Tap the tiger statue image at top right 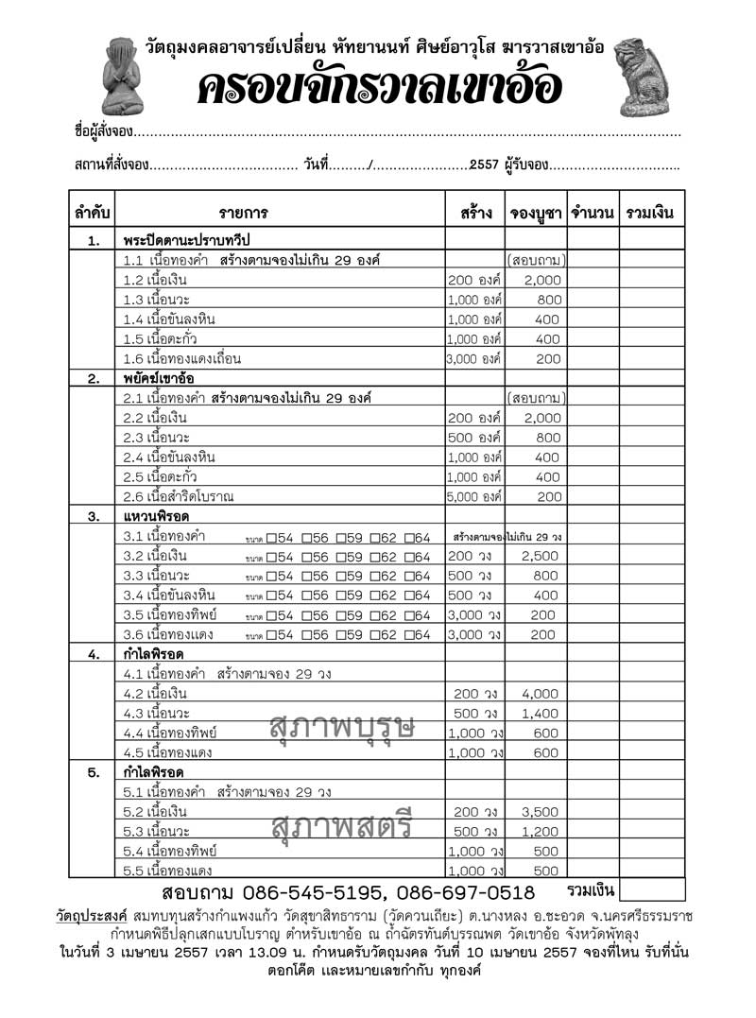(651, 78)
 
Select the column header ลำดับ (94, 213)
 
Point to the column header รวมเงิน (650, 213)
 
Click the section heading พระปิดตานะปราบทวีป (192, 240)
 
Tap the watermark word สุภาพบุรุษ (342, 726)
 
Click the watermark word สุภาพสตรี (342, 825)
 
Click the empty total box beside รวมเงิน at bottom (652, 889)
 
